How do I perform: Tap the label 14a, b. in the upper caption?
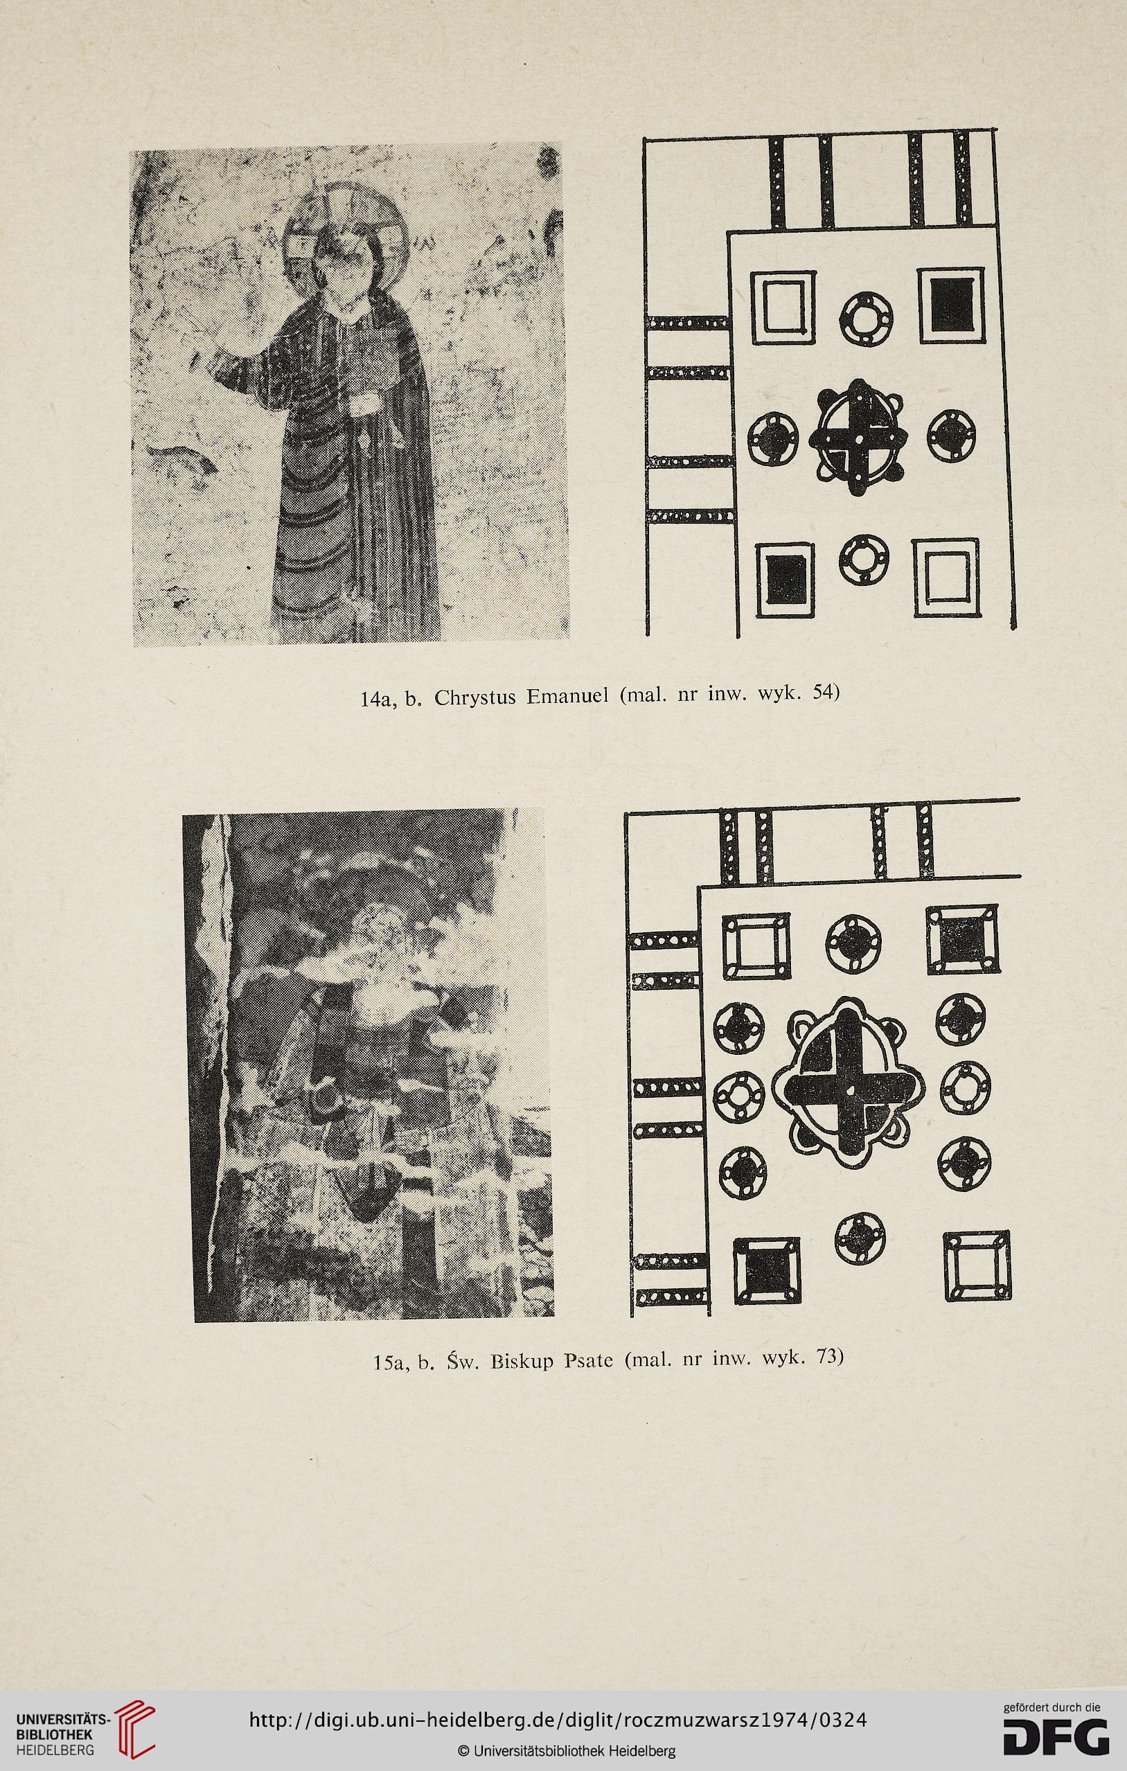pyautogui.click(x=390, y=698)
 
